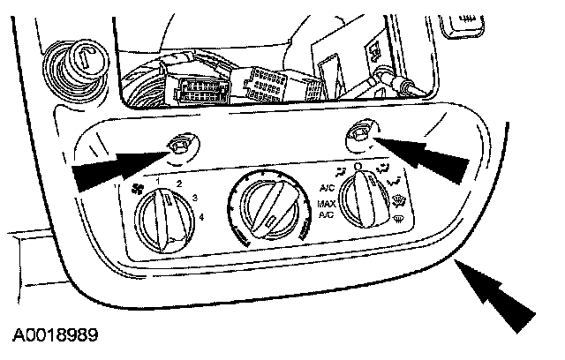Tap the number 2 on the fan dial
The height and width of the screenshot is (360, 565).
tap(179, 183)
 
